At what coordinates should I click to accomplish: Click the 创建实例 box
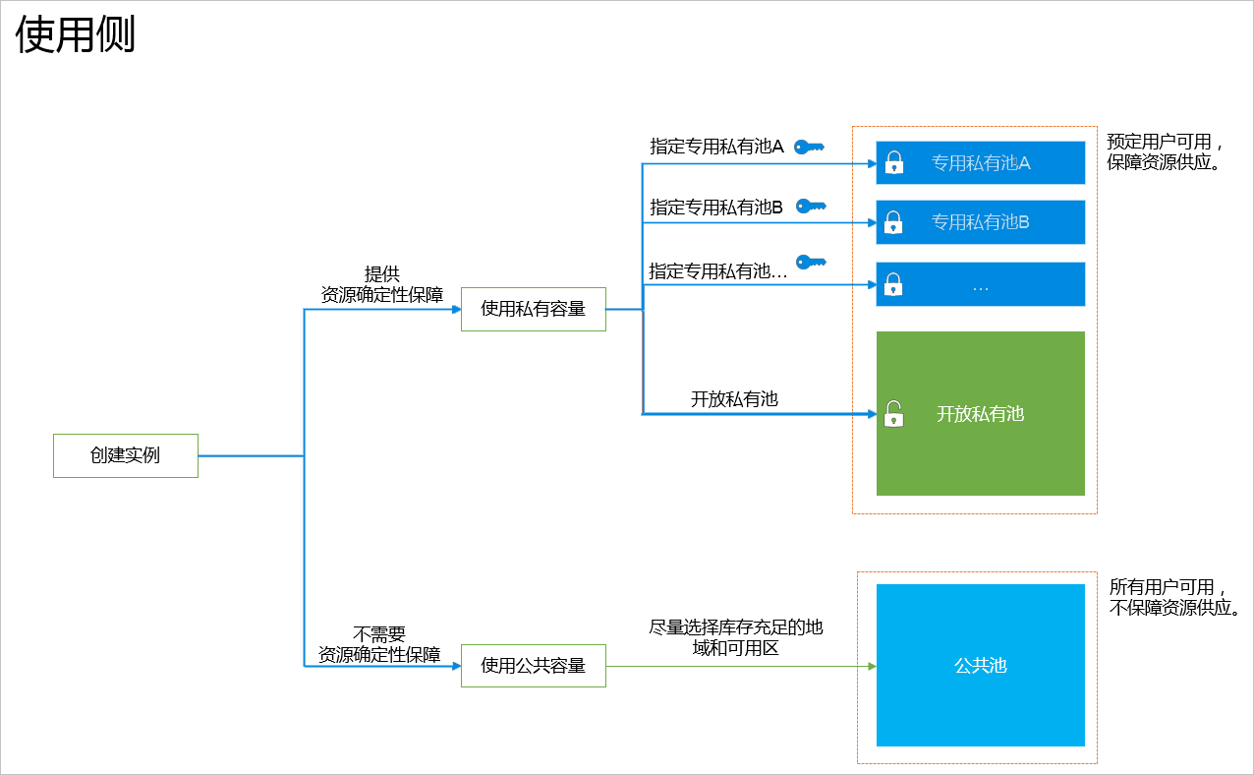click(126, 455)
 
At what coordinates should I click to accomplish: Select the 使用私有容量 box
click(534, 309)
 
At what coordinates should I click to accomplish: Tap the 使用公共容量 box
click(534, 666)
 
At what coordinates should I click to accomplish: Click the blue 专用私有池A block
click(981, 163)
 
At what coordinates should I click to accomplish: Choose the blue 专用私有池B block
click(981, 222)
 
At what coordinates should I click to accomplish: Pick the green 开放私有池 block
click(981, 414)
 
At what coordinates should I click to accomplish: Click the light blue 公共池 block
click(981, 666)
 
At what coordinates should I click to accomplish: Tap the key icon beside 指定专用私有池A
click(809, 148)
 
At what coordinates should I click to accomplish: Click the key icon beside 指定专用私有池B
click(810, 207)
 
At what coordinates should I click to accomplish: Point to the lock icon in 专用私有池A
click(893, 163)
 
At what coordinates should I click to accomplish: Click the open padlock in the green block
click(893, 414)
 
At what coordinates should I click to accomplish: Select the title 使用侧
click(75, 35)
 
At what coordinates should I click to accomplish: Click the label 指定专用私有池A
click(716, 148)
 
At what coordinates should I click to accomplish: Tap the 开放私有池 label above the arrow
click(734, 399)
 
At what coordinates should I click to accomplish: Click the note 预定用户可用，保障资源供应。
click(1166, 152)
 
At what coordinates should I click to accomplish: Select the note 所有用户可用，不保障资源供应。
click(1173, 598)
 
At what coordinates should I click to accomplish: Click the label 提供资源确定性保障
click(382, 284)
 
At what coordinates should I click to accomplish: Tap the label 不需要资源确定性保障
click(379, 644)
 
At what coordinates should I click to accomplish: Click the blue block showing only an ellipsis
click(981, 285)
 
